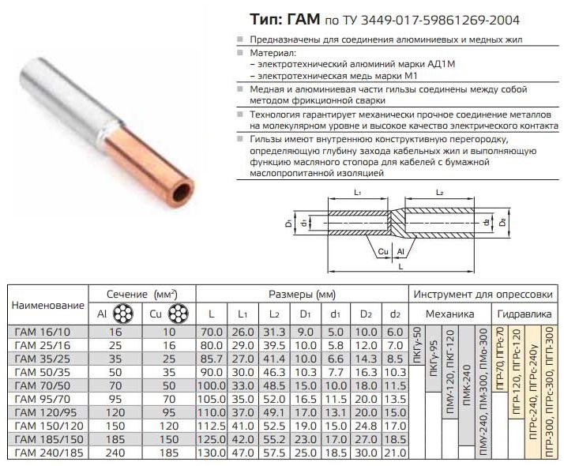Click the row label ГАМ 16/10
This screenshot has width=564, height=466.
point(43,332)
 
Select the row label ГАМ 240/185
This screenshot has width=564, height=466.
point(49,453)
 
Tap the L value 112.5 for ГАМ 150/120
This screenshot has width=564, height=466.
point(212,426)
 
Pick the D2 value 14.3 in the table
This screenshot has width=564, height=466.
point(366,359)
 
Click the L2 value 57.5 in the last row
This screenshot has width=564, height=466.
point(274,453)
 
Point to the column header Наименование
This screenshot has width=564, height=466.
point(48,306)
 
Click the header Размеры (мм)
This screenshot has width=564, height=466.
point(302,295)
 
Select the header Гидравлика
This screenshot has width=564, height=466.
point(524,314)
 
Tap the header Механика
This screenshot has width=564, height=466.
point(449,314)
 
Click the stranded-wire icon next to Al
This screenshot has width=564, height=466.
point(123,314)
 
